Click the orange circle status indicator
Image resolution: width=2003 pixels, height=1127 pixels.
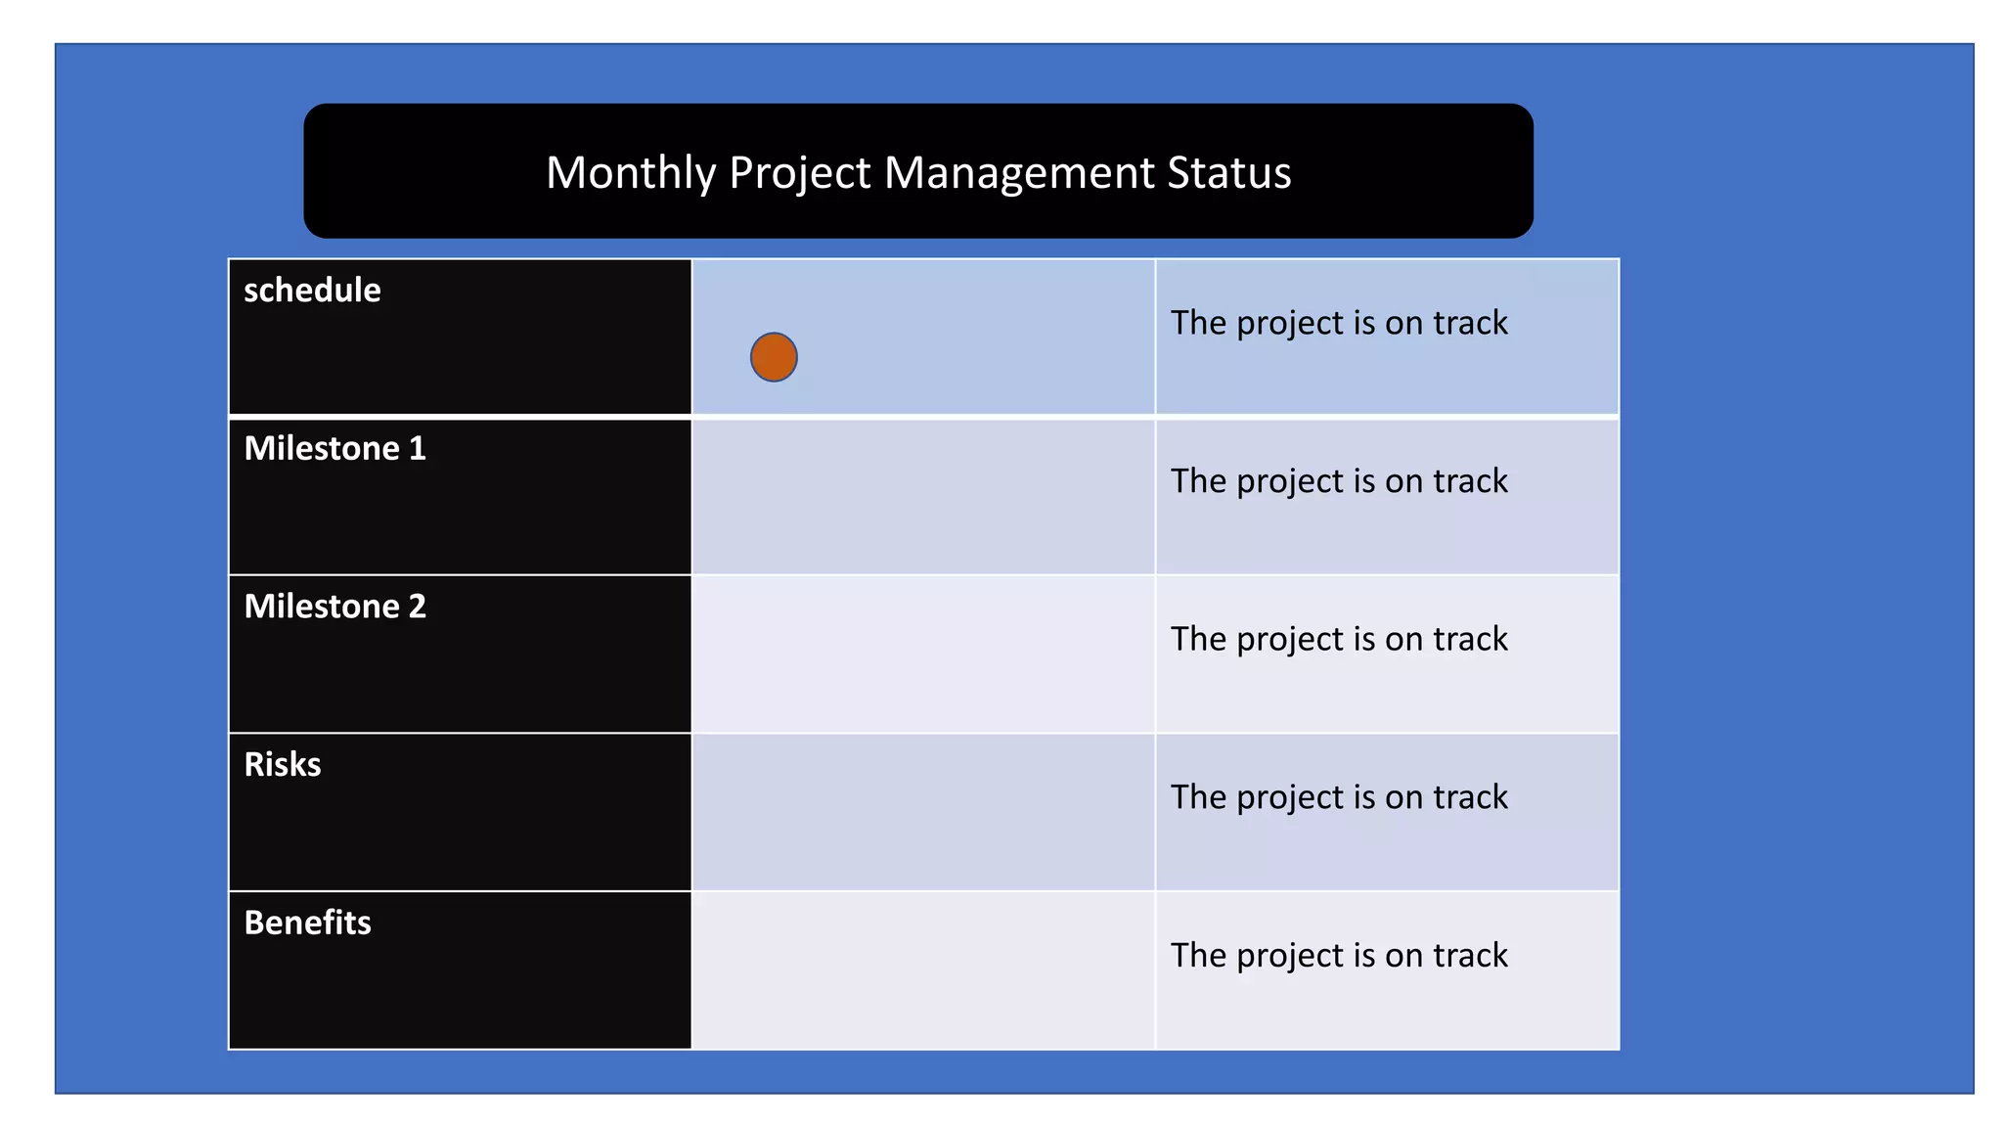click(774, 357)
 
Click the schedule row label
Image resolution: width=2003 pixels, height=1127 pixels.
click(312, 291)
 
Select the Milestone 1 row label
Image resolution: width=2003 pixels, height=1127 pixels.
click(334, 448)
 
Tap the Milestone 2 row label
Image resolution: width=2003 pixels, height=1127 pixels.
click(334, 607)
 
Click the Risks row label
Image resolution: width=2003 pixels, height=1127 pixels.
click(282, 764)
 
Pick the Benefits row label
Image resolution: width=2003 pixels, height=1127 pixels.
click(307, 923)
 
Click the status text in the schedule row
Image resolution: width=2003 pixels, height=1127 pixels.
click(1339, 323)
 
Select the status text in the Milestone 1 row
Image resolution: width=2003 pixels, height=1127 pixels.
click(1339, 481)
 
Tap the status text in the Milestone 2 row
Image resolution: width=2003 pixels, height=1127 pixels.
click(1339, 639)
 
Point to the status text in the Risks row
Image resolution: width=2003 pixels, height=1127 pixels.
click(1339, 797)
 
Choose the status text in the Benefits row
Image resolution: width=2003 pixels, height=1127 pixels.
click(1339, 955)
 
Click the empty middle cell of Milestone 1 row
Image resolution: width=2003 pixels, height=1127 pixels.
click(923, 497)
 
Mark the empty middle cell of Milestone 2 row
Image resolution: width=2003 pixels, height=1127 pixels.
click(923, 654)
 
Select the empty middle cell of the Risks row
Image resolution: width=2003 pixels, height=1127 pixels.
click(923, 812)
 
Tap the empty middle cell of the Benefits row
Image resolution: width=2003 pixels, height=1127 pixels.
click(923, 970)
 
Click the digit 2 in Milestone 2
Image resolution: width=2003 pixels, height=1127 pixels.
click(418, 607)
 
